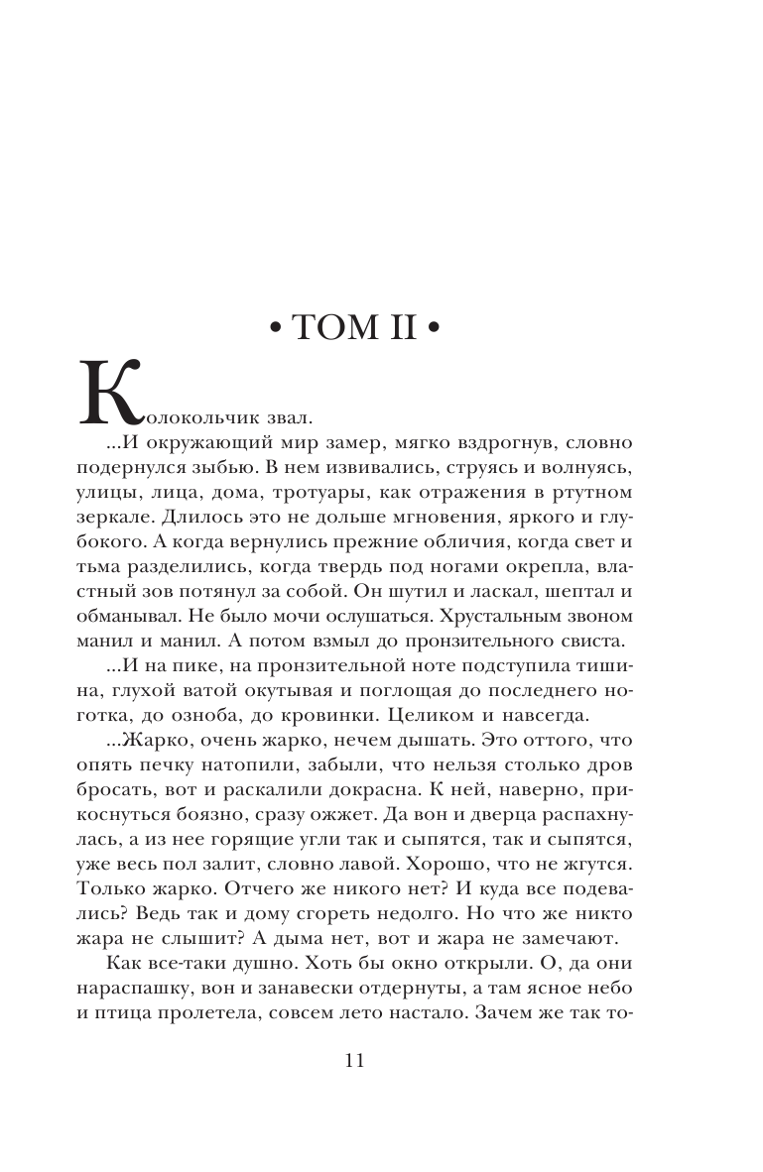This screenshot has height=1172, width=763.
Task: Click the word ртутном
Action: pyautogui.click(x=639, y=492)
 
